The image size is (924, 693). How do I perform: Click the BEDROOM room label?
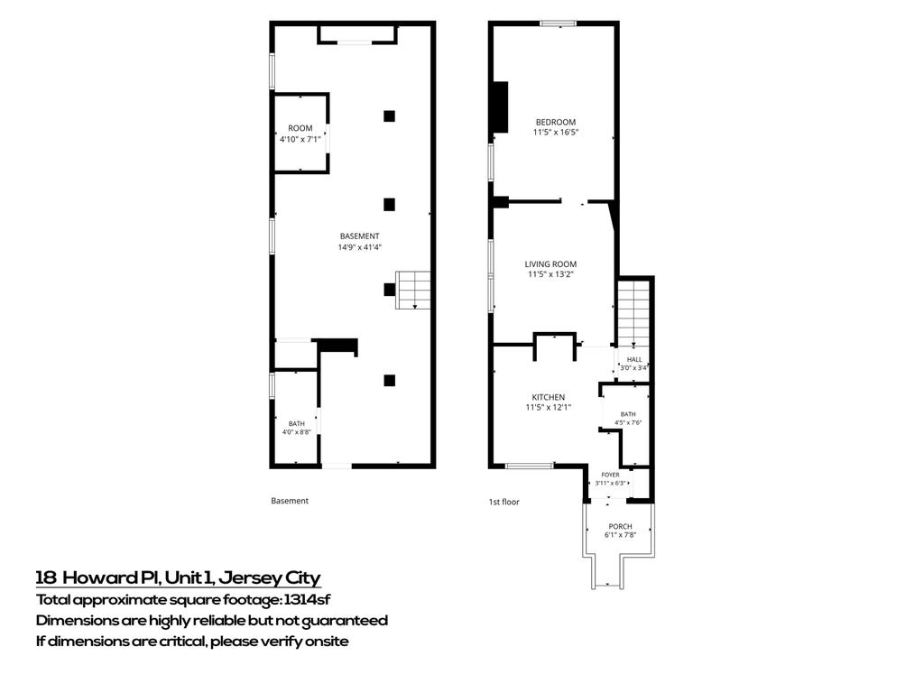[556, 122]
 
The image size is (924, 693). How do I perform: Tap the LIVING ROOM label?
[550, 264]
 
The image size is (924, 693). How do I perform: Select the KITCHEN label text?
[548, 397]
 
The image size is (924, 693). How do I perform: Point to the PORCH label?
[620, 526]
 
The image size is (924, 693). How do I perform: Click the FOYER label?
[611, 475]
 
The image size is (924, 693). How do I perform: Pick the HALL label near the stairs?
[634, 359]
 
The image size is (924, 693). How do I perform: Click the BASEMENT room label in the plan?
[359, 236]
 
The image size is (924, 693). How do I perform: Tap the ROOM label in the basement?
[300, 128]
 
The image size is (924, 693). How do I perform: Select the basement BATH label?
[296, 423]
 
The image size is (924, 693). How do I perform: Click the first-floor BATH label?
[628, 414]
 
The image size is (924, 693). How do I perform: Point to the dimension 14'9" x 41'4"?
[359, 247]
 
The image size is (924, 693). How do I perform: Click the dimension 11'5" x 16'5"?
[556, 132]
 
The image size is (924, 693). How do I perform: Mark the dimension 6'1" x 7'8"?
[620, 535]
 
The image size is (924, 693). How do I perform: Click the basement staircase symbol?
[413, 290]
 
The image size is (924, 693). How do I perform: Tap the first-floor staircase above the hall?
[633, 313]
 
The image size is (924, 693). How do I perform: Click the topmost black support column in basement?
[389, 116]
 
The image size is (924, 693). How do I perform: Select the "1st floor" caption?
[504, 502]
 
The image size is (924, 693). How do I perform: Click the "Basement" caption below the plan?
[290, 501]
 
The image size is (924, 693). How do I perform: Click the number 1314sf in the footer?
[307, 600]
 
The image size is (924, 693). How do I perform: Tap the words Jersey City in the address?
[269, 578]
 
